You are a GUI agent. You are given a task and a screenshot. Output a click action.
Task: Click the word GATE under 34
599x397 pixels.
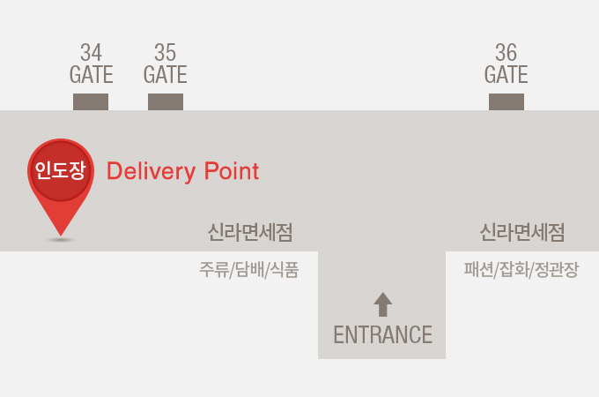pyautogui.click(x=91, y=74)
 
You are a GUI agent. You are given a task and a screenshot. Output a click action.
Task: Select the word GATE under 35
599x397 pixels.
pyautogui.click(x=165, y=74)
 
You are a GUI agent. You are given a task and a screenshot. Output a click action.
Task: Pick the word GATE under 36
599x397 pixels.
pyautogui.click(x=506, y=74)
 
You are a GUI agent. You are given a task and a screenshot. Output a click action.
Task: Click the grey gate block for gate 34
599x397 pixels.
pyautogui.click(x=91, y=101)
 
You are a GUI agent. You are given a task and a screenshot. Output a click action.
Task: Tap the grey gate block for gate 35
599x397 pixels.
pyautogui.click(x=166, y=101)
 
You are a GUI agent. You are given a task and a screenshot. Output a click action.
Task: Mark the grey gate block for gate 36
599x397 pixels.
pyautogui.click(x=507, y=101)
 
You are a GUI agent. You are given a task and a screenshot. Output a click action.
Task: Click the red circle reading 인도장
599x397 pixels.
pyautogui.click(x=60, y=170)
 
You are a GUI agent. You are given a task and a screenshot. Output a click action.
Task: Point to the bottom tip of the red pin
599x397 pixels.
pyautogui.click(x=60, y=235)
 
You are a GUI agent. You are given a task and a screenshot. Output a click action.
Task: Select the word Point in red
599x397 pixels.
pyautogui.click(x=232, y=171)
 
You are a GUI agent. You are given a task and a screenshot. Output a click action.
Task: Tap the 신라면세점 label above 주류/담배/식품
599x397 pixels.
pyautogui.click(x=250, y=233)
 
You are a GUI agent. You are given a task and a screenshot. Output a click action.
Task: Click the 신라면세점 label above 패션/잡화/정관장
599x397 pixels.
pyautogui.click(x=522, y=233)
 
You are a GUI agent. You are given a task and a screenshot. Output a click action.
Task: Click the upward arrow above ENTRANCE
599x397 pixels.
pyautogui.click(x=382, y=304)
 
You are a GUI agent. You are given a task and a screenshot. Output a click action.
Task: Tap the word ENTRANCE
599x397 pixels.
pyautogui.click(x=382, y=335)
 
